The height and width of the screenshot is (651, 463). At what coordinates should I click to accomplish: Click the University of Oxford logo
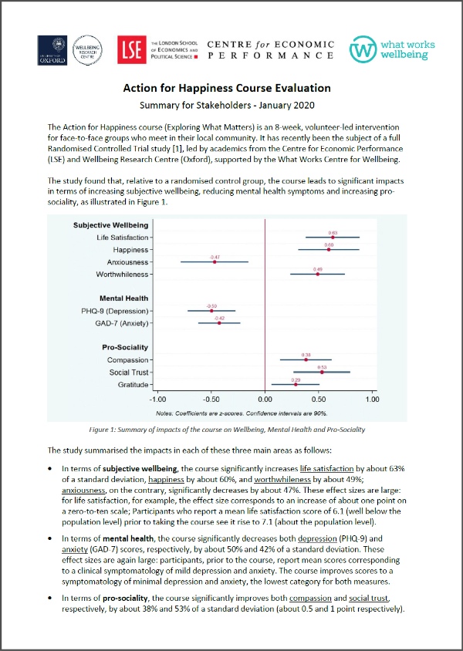tap(52, 51)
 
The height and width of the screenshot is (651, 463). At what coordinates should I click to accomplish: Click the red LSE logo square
tap(129, 51)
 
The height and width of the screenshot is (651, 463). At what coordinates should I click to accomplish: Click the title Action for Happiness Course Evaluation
tap(231, 89)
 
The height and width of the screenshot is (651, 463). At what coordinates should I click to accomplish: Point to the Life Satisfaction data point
tap(333, 238)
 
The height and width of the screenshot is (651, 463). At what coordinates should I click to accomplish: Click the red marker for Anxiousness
tap(215, 262)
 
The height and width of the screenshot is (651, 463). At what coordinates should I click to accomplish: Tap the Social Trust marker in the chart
tap(322, 373)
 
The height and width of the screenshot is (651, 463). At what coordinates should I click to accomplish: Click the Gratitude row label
tap(133, 385)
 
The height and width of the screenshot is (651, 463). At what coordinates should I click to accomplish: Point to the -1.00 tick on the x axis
tap(157, 400)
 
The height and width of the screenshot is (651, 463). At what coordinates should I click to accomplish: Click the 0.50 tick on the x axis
tap(319, 400)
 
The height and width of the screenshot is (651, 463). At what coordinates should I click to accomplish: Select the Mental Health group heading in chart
tap(123, 299)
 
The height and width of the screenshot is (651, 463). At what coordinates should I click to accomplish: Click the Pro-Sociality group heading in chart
tap(126, 348)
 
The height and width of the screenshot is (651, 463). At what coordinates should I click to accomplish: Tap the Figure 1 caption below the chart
tap(231, 429)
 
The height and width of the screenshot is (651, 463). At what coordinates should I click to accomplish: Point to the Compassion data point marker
tap(306, 359)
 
